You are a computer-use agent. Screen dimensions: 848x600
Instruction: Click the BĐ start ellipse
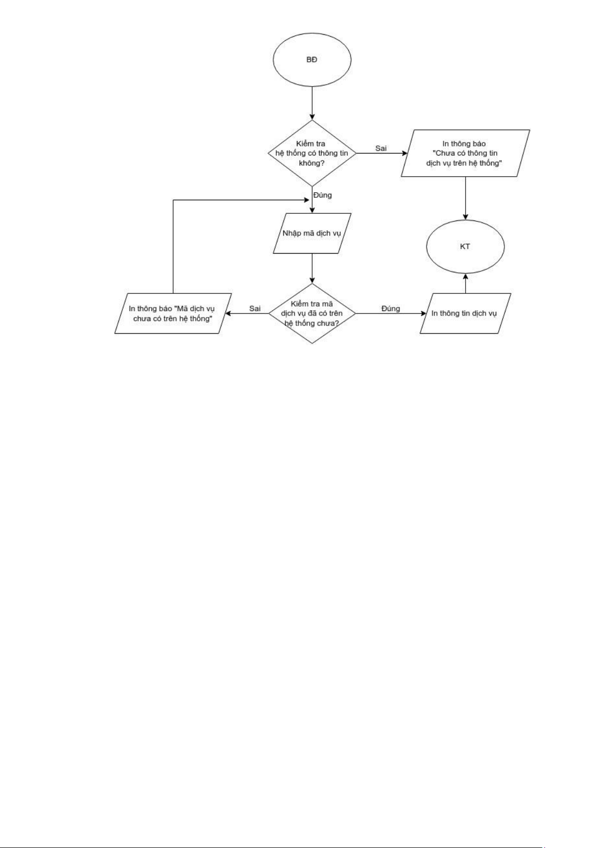tap(312, 60)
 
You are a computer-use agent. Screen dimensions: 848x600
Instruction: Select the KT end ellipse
tap(465, 247)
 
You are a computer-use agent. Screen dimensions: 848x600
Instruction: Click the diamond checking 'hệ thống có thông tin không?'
tap(312, 153)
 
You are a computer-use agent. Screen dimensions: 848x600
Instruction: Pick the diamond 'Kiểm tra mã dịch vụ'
tap(312, 314)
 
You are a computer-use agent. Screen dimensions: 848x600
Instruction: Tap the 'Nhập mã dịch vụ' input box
tap(312, 234)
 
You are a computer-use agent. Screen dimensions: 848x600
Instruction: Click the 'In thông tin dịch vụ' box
tap(465, 314)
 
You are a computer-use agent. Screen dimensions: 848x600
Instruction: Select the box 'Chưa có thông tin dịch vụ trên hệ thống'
tap(465, 153)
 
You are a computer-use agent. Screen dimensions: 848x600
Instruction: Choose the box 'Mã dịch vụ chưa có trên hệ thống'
tap(173, 314)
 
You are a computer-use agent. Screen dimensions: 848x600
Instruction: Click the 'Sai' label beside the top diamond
tap(381, 148)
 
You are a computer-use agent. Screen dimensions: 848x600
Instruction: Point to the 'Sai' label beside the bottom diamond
tap(255, 309)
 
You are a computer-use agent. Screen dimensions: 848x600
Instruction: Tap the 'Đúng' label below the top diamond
tap(322, 195)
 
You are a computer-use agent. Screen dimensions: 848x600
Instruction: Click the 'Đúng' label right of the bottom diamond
tap(391, 309)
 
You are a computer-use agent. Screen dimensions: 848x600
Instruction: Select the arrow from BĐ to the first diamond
tap(312, 103)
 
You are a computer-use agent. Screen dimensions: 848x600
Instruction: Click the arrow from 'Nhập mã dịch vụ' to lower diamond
tap(312, 269)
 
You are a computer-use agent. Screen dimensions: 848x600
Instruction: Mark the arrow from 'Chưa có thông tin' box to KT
tap(465, 198)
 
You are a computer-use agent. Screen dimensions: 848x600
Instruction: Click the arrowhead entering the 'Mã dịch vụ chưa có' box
tap(228, 314)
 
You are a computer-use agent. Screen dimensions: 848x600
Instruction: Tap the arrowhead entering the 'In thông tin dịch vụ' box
tap(423, 314)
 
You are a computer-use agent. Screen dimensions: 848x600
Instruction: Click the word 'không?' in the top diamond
tap(312, 163)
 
